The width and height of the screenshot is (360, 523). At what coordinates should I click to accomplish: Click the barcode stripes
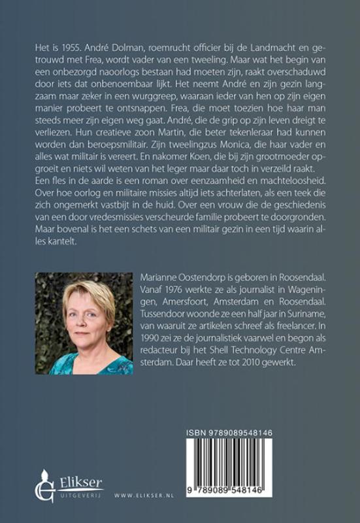tap(252, 468)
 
